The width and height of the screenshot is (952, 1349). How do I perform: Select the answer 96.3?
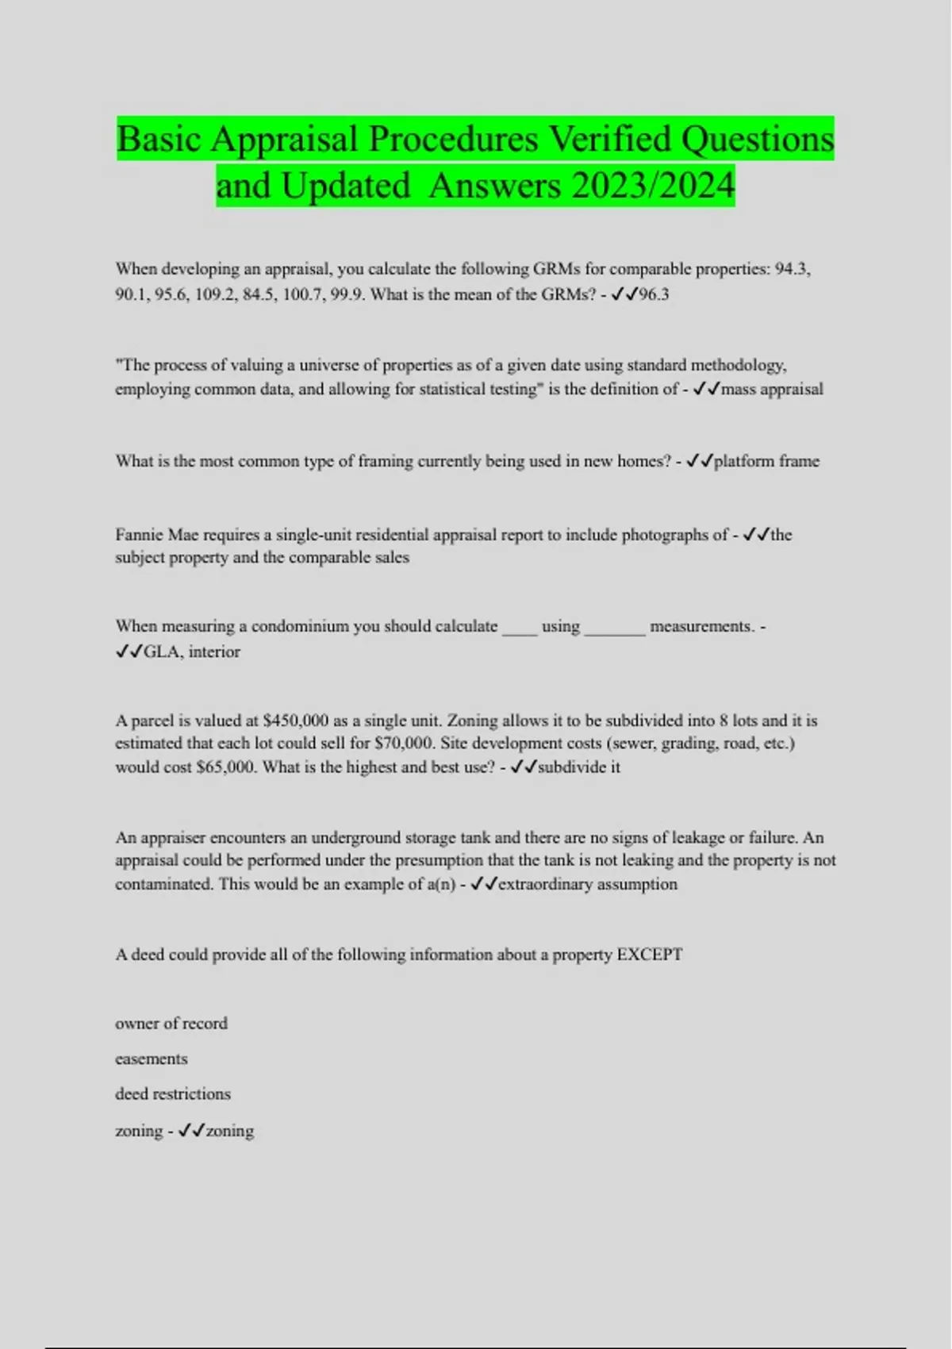coord(654,294)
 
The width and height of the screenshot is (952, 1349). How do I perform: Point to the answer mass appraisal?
coord(772,389)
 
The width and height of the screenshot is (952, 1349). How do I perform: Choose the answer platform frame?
coord(766,461)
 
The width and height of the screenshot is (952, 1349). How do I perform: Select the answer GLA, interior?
coord(191,651)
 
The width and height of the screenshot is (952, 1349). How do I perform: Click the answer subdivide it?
coord(579,767)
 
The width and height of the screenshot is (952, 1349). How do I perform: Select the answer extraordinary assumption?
coord(587,884)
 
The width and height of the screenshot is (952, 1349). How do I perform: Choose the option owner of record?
coord(171,1024)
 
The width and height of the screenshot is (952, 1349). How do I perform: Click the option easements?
coord(152,1059)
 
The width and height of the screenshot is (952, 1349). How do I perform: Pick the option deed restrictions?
coord(173,1093)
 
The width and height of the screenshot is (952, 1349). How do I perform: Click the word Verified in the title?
coord(610,140)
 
